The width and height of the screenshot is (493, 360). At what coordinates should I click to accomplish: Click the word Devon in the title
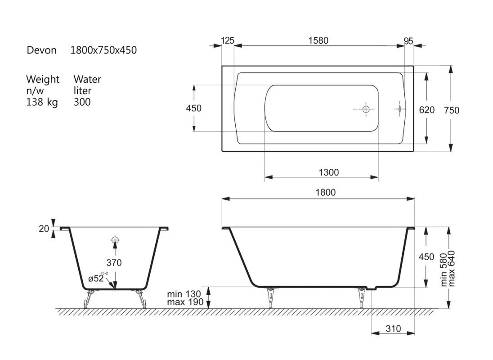pyautogui.click(x=41, y=50)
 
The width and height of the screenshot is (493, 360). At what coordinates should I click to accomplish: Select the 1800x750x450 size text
pyautogui.click(x=103, y=50)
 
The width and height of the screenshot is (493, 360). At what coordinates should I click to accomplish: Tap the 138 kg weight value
pyautogui.click(x=42, y=102)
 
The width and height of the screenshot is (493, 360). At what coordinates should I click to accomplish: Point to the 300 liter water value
pyautogui.click(x=82, y=102)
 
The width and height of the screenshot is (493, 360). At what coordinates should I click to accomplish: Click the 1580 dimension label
pyautogui.click(x=318, y=40)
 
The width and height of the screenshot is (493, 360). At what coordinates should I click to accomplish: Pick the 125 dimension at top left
pyautogui.click(x=227, y=40)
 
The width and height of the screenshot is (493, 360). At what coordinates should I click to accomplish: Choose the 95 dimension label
pyautogui.click(x=408, y=41)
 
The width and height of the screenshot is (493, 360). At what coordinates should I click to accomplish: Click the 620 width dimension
pyautogui.click(x=427, y=110)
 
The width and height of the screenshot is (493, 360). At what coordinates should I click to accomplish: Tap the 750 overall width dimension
pyautogui.click(x=452, y=110)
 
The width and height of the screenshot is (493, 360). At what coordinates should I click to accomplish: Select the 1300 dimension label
pyautogui.click(x=328, y=172)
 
